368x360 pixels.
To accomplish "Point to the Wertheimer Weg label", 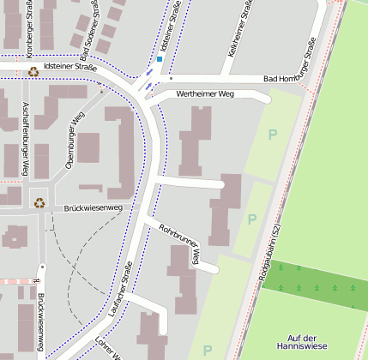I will tap(204, 93).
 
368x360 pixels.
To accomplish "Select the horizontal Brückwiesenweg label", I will tap(94, 207).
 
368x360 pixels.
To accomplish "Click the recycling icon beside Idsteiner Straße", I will tap(33, 72).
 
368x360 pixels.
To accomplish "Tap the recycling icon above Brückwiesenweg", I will tap(39, 203).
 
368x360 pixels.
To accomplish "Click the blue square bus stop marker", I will tap(160, 59).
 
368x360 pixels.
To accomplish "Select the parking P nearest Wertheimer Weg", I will tap(273, 135).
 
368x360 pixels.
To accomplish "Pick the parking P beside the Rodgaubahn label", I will tap(252, 219).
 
